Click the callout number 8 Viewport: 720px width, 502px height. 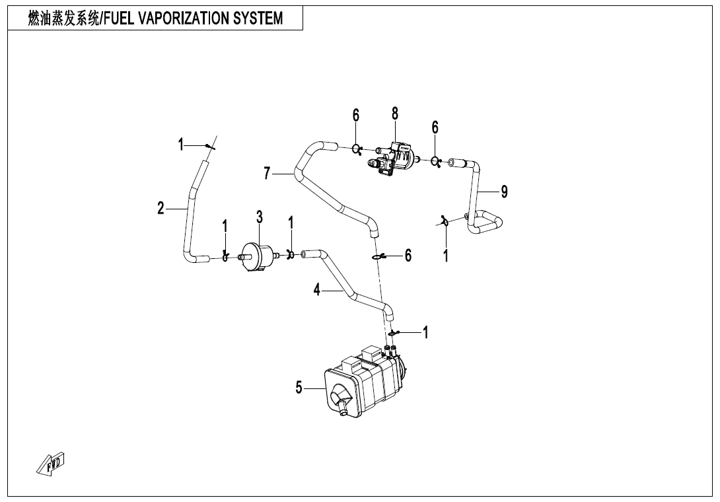[395, 114]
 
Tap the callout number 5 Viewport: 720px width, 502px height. [299, 388]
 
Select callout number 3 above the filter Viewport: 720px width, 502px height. [260, 217]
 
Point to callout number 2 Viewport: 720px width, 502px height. [161, 209]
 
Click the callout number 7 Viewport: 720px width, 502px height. [267, 174]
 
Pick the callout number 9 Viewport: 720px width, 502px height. [504, 192]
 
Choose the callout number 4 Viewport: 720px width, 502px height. [317, 290]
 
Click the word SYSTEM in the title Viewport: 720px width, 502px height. [258, 18]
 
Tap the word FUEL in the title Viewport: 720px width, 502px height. [118, 18]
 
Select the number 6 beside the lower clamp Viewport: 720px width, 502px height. [408, 255]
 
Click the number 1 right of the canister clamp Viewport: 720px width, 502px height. [425, 333]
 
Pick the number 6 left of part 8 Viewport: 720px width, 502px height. [356, 116]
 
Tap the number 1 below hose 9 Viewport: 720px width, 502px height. [446, 256]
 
